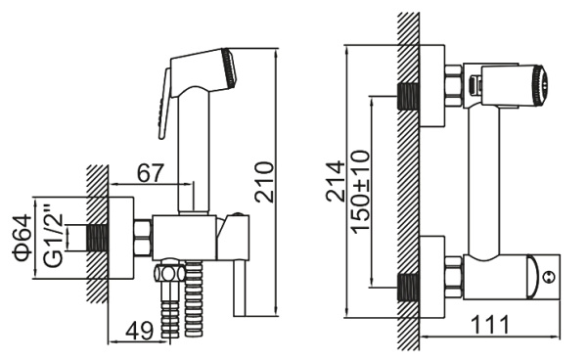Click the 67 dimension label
pyautogui.click(x=151, y=173)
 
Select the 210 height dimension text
pyautogui.click(x=264, y=182)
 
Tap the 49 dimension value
pyautogui.click(x=140, y=331)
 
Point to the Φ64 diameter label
pyautogui.click(x=23, y=238)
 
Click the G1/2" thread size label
pyautogui.click(x=53, y=236)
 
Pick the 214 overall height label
pyautogui.click(x=335, y=181)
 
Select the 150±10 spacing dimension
pyautogui.click(x=360, y=192)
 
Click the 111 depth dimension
pyautogui.click(x=490, y=325)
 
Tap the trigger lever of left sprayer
pyautogui.click(x=163, y=104)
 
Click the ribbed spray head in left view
pyautogui.click(x=229, y=67)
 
